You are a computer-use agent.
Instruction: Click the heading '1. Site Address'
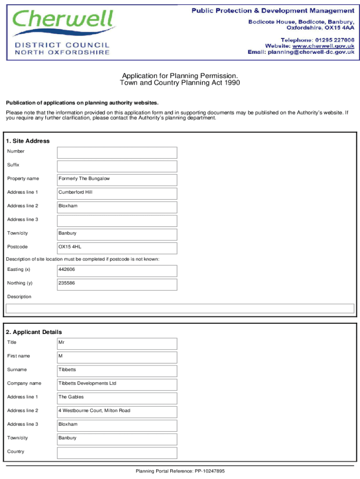click(28, 141)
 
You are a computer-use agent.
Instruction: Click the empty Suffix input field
click(117, 166)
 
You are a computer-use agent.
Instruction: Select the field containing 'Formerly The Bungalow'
click(117, 180)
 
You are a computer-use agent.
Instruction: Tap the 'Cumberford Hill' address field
click(117, 193)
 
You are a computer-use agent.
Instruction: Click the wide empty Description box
click(180, 308)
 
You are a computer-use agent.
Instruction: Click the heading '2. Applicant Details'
click(34, 332)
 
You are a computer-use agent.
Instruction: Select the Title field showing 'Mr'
click(117, 343)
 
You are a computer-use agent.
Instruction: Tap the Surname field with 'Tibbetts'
click(117, 370)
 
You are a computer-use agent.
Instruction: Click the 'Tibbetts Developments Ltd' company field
click(117, 385)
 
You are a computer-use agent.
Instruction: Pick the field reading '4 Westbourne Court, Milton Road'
click(117, 412)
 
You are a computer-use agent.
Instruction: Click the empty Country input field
click(117, 452)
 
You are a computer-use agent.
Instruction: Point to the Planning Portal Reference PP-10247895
click(180, 471)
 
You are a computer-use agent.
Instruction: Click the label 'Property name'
click(23, 179)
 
